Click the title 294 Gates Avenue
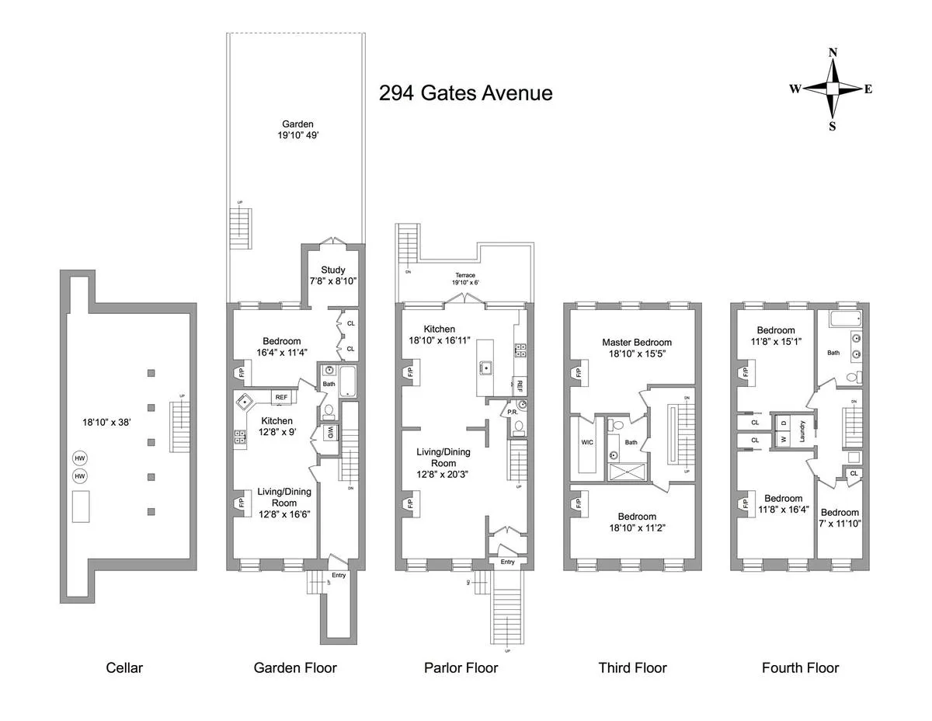[465, 93]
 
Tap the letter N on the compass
[833, 53]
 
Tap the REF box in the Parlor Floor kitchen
[518, 385]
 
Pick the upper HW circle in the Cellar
[80, 458]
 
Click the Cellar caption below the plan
[124, 667]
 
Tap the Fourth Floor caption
[800, 667]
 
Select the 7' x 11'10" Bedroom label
[840, 517]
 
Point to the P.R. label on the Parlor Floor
[513, 412]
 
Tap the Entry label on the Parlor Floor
[507, 562]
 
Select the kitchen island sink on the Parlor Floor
[487, 367]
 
